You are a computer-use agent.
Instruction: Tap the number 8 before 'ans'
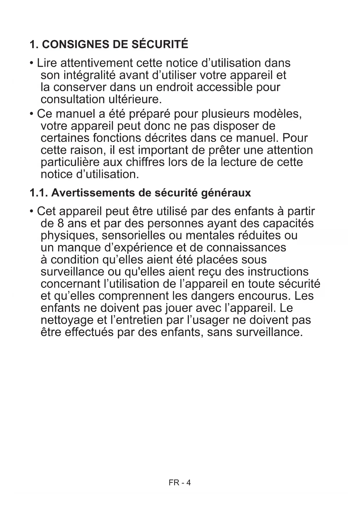60,223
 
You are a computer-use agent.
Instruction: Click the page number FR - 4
180,483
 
